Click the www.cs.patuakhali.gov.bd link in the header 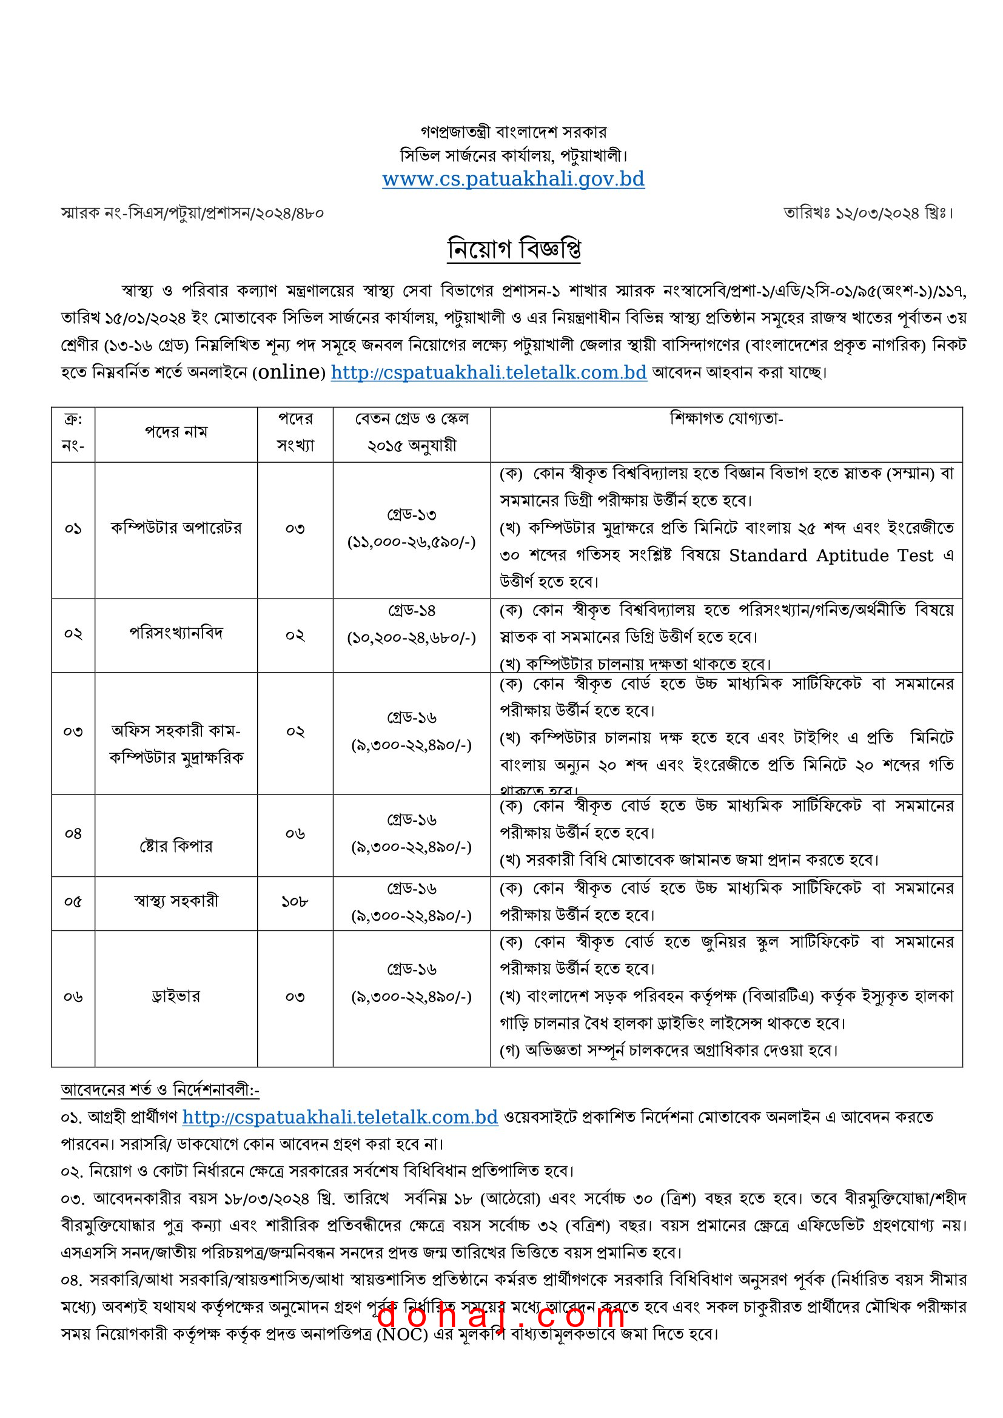click(x=513, y=179)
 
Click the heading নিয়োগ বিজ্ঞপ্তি click(x=514, y=249)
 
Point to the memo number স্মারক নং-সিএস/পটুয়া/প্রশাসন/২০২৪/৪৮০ click(x=192, y=213)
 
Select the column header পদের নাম click(x=176, y=432)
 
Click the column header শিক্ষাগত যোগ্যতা click(x=726, y=418)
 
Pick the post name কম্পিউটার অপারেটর click(x=176, y=528)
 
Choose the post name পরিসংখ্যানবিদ click(x=176, y=633)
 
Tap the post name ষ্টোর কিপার click(x=176, y=845)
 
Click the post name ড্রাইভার click(x=176, y=996)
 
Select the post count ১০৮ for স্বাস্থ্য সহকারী click(x=295, y=902)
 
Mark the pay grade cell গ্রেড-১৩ click(x=412, y=514)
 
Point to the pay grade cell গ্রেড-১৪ click(x=412, y=611)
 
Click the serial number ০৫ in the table click(x=73, y=902)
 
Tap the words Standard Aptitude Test click(x=831, y=556)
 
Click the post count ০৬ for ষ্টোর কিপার click(x=295, y=834)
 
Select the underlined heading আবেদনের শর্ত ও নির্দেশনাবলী click(x=159, y=1090)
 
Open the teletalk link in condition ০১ click(x=340, y=1117)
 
